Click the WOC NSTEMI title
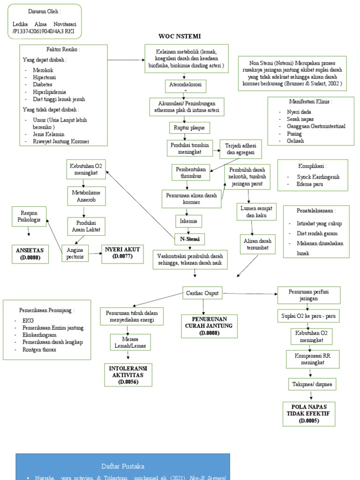tap(180, 36)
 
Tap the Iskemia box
tap(188, 220)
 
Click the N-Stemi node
tap(190, 239)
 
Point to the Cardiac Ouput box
tap(202, 292)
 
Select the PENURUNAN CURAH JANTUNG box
tap(206, 325)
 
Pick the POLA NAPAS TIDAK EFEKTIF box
tap(308, 413)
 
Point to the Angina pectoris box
tap(75, 253)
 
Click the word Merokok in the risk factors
tap(43, 70)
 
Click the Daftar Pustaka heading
tap(123, 466)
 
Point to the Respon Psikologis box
tap(30, 216)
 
